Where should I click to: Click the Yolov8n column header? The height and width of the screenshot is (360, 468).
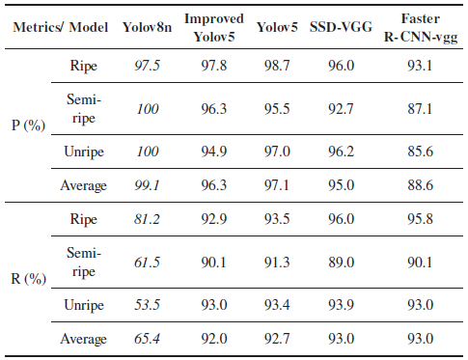(147, 27)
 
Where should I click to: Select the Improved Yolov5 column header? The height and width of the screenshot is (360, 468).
(214, 28)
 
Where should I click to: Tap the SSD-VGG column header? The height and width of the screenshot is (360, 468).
(341, 27)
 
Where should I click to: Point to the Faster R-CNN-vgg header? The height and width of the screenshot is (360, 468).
(421, 28)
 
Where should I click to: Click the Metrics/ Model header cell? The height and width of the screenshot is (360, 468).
(61, 27)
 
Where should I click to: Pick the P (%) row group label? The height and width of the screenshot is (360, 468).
(28, 125)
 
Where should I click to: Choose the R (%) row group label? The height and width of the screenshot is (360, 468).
(28, 279)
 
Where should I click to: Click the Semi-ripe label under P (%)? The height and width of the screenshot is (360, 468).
(84, 109)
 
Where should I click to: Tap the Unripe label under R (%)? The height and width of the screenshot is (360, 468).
(84, 305)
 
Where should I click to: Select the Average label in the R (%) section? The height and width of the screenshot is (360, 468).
(83, 339)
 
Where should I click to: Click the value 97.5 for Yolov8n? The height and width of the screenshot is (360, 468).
(147, 66)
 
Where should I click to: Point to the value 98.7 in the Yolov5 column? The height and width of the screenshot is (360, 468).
(277, 66)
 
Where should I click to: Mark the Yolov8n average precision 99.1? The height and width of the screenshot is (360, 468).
(147, 185)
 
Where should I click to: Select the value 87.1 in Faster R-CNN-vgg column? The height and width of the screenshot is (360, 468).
(421, 109)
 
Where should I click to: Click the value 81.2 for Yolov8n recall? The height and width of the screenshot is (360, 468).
(147, 219)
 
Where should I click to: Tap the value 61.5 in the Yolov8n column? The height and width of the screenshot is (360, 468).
(147, 263)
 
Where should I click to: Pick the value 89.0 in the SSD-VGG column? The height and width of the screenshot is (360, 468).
(341, 263)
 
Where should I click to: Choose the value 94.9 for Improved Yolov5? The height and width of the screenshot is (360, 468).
(214, 152)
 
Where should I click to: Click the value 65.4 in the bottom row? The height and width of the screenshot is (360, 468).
(147, 339)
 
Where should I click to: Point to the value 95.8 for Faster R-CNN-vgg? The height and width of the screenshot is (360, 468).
(421, 219)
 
